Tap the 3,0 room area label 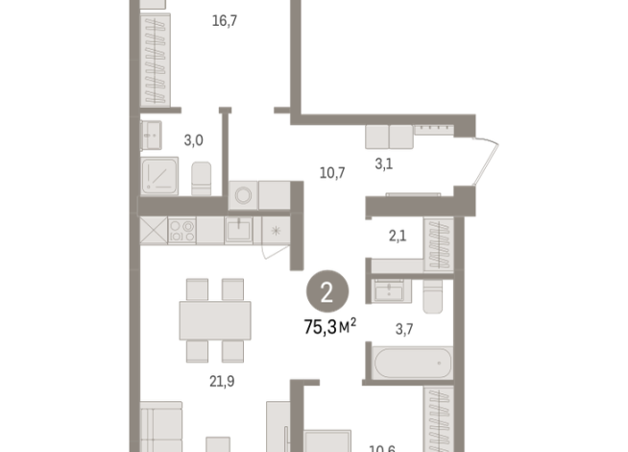pyautogui.click(x=193, y=140)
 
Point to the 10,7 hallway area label pyautogui.click(x=332, y=173)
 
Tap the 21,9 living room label pyautogui.click(x=223, y=380)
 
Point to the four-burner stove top pyautogui.click(x=182, y=230)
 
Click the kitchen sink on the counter pyautogui.click(x=238, y=230)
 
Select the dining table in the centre pyautogui.click(x=214, y=316)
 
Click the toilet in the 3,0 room pyautogui.click(x=201, y=179)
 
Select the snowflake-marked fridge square pyautogui.click(x=277, y=230)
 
